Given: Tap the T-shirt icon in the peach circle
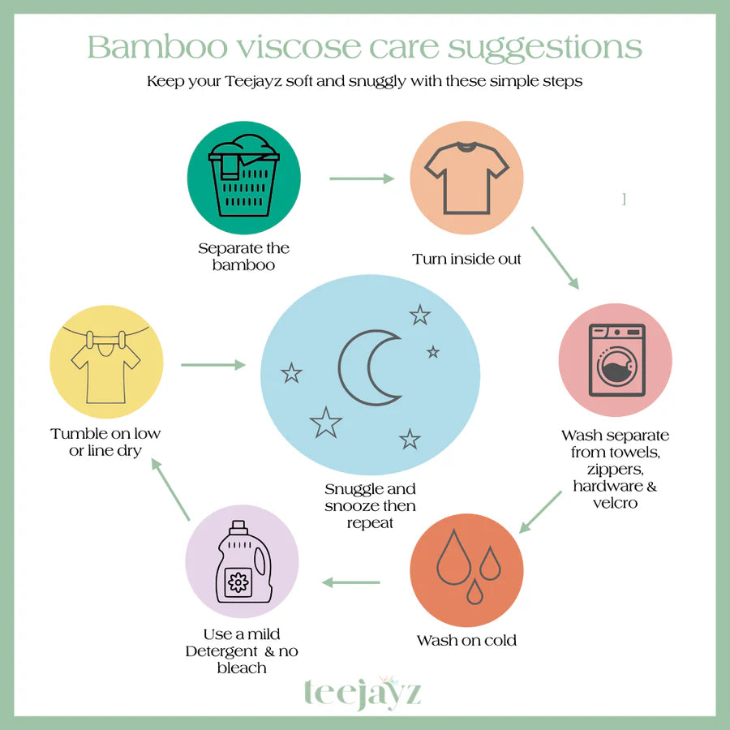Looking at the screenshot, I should [466, 178].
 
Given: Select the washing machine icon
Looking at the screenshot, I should [616, 360].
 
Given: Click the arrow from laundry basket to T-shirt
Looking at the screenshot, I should [361, 178].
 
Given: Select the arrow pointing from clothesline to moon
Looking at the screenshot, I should [213, 365].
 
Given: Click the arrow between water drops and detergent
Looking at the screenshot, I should [352, 582].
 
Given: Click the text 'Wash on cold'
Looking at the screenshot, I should [466, 641].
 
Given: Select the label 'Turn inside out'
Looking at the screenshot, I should [466, 260].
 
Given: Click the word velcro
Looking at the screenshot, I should [615, 503].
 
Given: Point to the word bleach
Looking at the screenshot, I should [241, 668].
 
